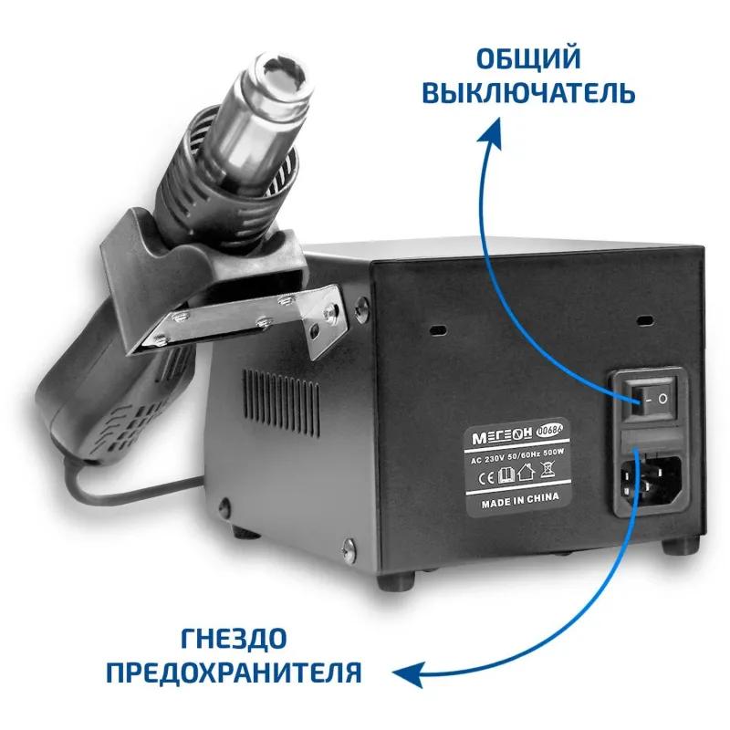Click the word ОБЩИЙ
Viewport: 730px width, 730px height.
tap(528, 58)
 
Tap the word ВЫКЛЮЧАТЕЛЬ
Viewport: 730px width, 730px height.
tap(528, 92)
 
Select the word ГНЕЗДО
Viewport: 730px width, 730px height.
tap(234, 639)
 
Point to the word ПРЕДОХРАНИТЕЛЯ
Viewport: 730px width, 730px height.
tap(234, 673)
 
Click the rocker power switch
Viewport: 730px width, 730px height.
tap(649, 397)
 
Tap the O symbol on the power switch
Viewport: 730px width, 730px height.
tap(662, 399)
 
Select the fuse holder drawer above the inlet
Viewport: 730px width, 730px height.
tap(650, 440)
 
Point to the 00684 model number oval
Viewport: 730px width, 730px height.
tap(550, 429)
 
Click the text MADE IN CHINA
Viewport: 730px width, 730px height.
tap(520, 500)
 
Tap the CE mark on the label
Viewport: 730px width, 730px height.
tap(486, 478)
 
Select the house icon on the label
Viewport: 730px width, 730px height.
tap(527, 474)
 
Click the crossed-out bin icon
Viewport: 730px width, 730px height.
tap(548, 470)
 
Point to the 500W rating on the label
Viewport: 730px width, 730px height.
tap(553, 452)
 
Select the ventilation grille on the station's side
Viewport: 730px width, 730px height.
tap(281, 403)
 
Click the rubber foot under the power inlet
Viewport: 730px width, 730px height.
tap(680, 545)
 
